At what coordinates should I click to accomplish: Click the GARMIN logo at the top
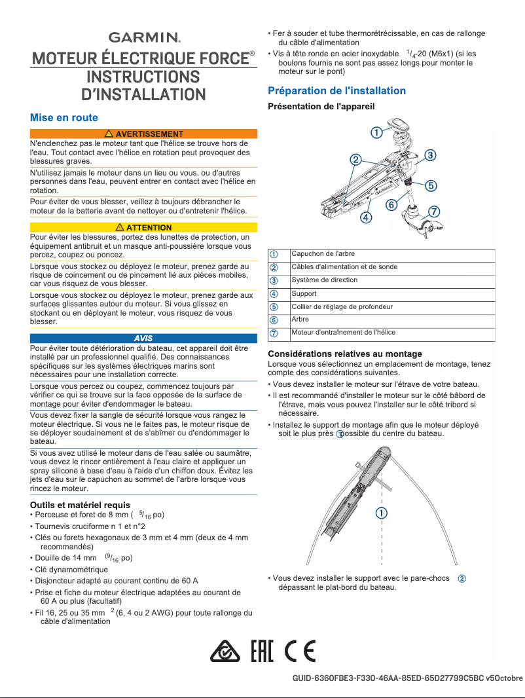[x=144, y=37]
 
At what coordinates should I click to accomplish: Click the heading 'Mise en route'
[x=64, y=118]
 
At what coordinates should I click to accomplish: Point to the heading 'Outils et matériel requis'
[x=80, y=505]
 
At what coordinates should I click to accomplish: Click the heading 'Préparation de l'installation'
[x=337, y=90]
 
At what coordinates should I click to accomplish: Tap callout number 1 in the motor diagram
[x=377, y=132]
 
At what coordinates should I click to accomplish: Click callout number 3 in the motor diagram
[x=430, y=155]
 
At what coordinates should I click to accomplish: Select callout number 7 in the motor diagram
[x=434, y=211]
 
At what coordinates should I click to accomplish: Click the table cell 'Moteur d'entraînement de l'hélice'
[x=343, y=333]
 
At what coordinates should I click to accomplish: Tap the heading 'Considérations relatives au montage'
[x=345, y=354]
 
